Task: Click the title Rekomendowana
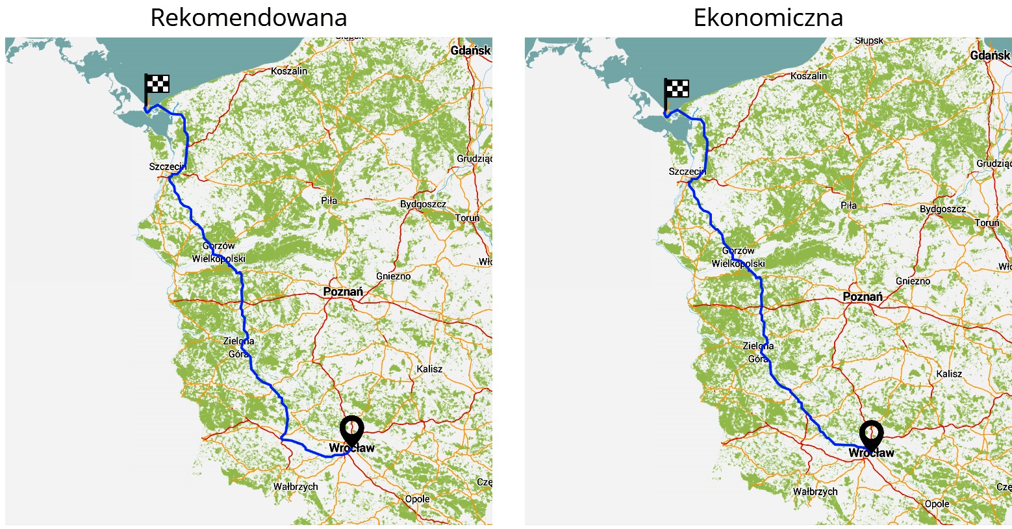(x=248, y=18)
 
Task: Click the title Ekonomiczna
(x=768, y=18)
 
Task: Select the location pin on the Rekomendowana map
(x=351, y=429)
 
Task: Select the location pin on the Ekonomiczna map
(x=871, y=434)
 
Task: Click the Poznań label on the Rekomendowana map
(x=343, y=292)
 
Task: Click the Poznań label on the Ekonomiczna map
(x=863, y=297)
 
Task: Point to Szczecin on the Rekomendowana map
(x=168, y=167)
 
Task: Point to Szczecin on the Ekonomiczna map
(x=687, y=172)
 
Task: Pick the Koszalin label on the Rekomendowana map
(x=289, y=71)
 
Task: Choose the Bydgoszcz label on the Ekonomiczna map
(x=942, y=209)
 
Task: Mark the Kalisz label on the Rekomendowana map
(x=429, y=369)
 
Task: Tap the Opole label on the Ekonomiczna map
(x=937, y=504)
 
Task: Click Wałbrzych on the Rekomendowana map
(x=296, y=487)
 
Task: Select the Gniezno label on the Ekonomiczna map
(x=913, y=281)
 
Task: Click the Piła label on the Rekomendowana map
(x=329, y=201)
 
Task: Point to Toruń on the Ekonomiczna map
(x=987, y=223)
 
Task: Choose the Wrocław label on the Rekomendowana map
(x=351, y=448)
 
